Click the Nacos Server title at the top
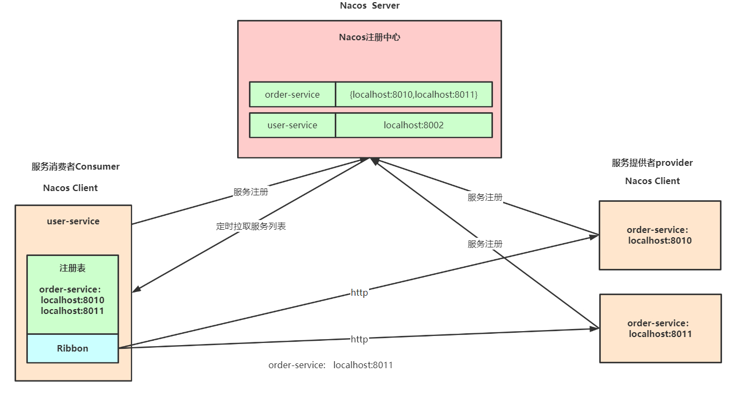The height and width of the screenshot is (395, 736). [370, 6]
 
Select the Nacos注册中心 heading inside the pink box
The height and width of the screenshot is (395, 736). [370, 38]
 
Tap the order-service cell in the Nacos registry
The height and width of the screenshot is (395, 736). [292, 94]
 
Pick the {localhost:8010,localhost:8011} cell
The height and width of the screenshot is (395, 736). [414, 94]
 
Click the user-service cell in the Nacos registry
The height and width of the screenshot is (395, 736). [292, 125]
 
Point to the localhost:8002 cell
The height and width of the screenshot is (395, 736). [414, 125]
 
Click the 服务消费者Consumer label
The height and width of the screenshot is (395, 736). [76, 166]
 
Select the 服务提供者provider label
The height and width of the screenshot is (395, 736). [652, 163]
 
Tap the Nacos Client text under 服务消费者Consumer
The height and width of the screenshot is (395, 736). [70, 188]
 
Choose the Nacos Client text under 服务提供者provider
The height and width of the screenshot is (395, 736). [652, 181]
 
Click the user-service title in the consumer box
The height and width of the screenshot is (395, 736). [73, 221]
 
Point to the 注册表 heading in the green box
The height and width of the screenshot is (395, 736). [72, 268]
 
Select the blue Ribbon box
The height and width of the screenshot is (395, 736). [72, 348]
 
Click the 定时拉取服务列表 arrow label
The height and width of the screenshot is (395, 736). [251, 226]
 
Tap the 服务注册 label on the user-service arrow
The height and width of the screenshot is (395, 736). [251, 192]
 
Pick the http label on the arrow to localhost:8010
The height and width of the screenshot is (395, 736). [359, 292]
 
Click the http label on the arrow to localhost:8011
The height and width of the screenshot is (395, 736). [359, 339]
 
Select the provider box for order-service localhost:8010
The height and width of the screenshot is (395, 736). [660, 235]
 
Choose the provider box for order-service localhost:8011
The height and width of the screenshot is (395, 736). [660, 328]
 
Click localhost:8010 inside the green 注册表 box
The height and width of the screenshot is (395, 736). [72, 300]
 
